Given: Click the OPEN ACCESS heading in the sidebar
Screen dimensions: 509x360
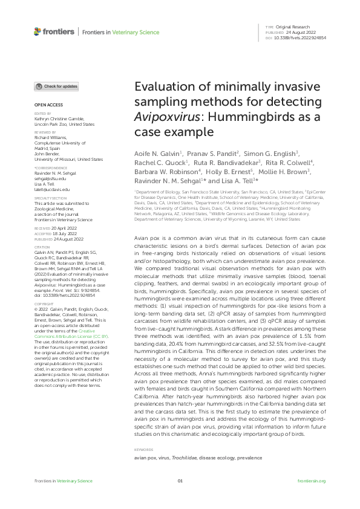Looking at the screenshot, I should point(45,105).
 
